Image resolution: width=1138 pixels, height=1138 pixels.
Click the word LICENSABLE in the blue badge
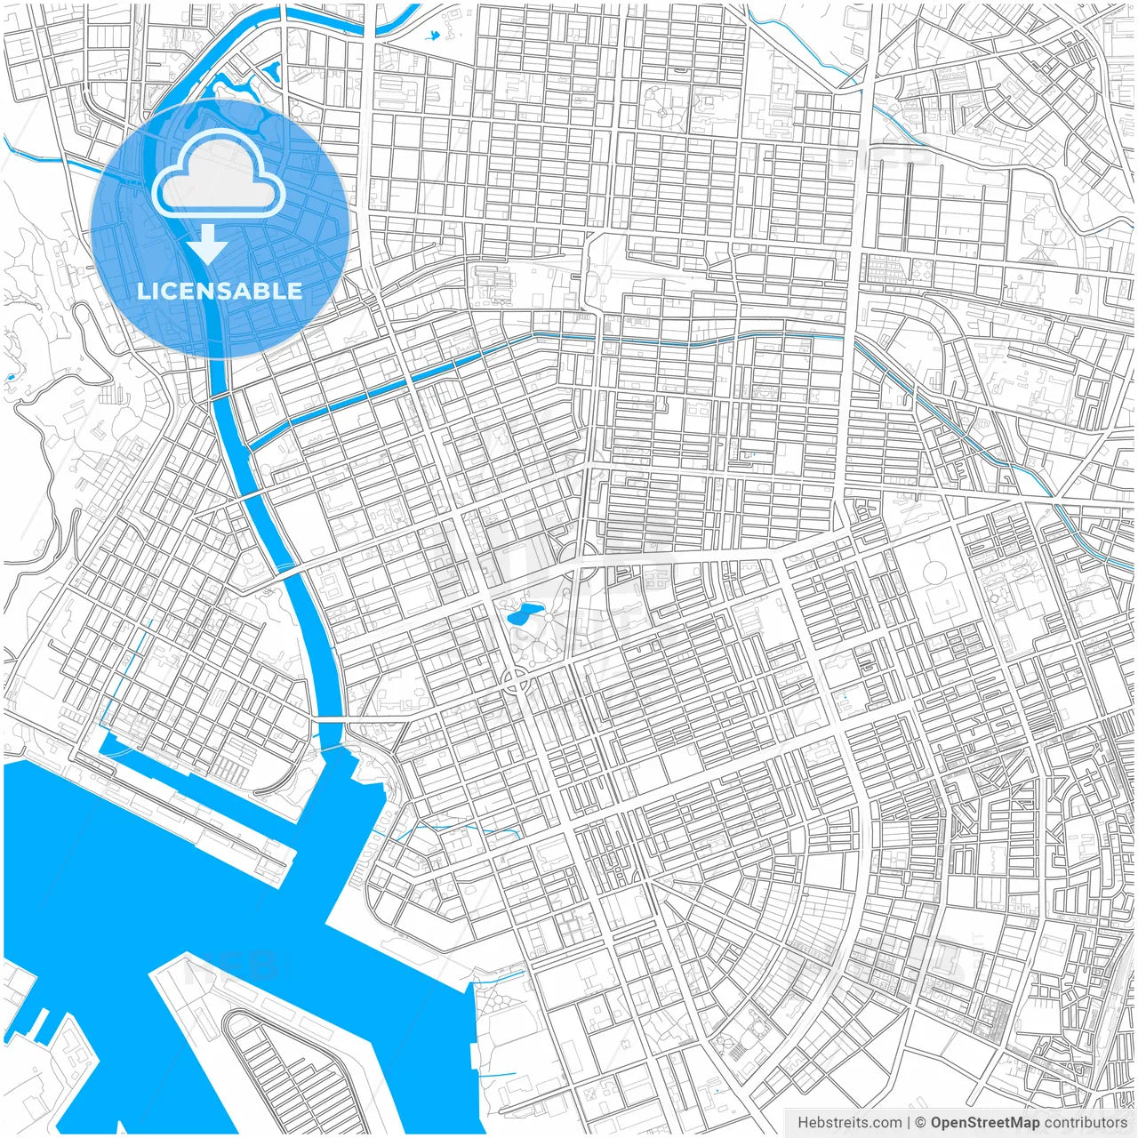(x=220, y=291)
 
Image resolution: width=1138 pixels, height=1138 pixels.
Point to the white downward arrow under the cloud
(x=207, y=245)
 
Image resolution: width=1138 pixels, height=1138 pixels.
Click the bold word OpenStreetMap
(x=985, y=1122)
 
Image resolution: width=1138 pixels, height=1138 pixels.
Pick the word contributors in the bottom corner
(x=1086, y=1122)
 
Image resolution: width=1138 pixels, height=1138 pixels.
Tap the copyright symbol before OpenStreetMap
(x=921, y=1122)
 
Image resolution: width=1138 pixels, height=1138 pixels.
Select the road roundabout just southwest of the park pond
(x=515, y=683)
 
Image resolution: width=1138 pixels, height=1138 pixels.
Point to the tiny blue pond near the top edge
(x=433, y=36)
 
